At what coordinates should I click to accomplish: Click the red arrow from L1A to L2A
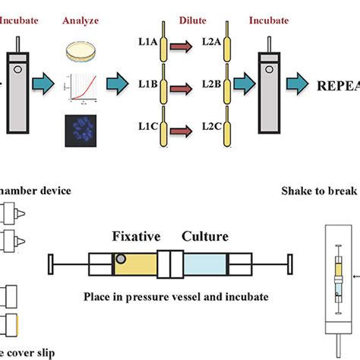point(178,50)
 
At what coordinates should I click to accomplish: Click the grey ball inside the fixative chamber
point(121,262)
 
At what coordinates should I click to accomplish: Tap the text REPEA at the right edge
point(333,83)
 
